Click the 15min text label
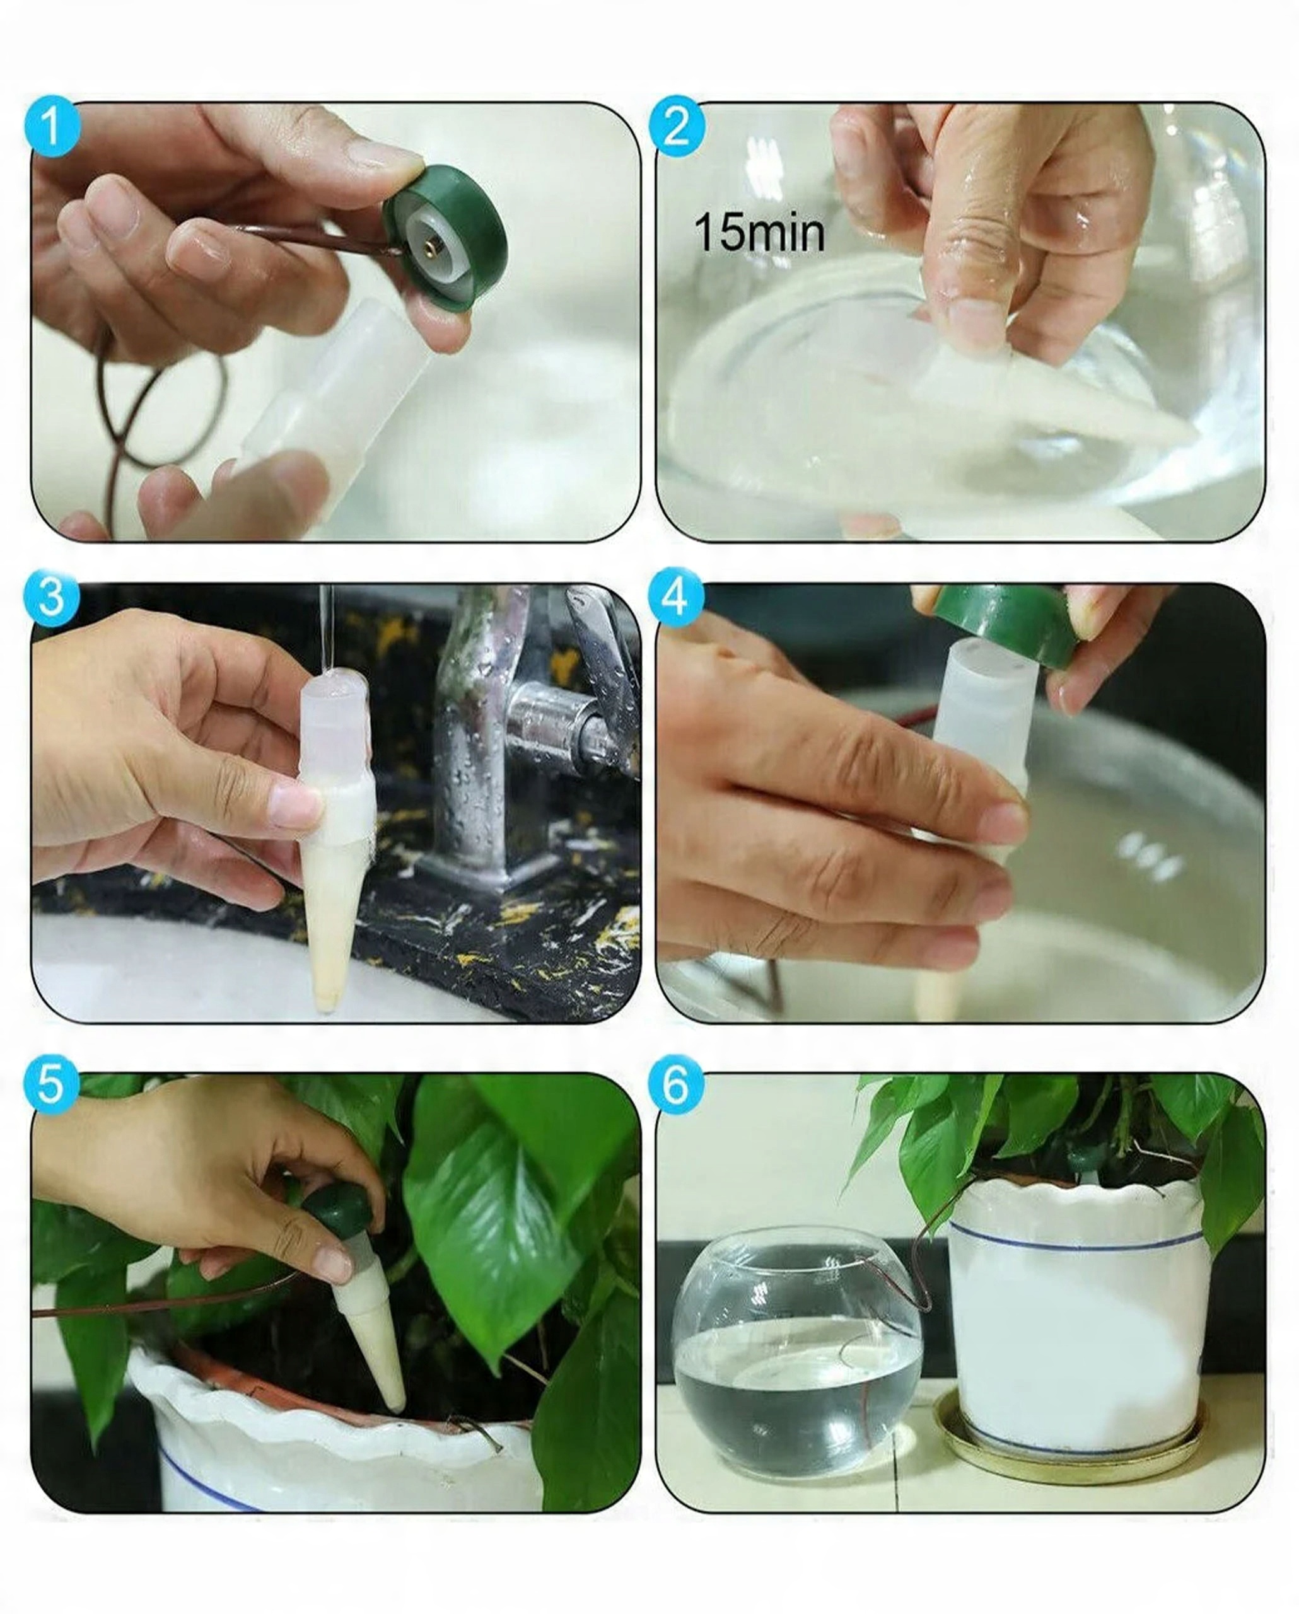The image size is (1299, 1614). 759,233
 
